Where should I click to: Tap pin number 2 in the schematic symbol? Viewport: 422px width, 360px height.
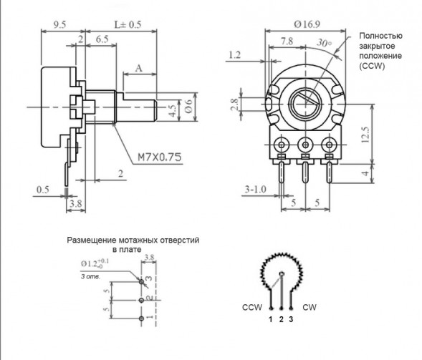(281, 318)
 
